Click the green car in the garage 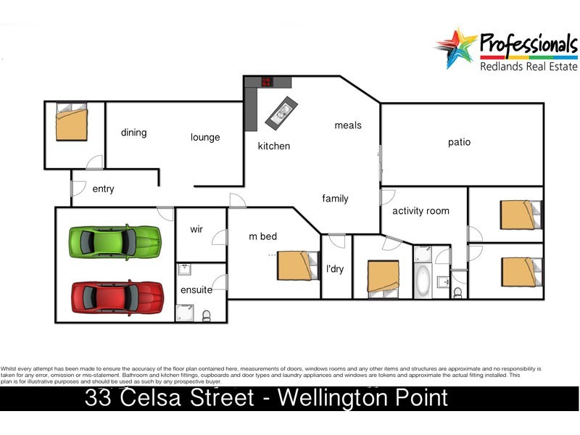click(115, 241)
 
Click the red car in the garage click(117, 296)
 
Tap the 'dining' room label click(134, 133)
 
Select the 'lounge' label click(205, 137)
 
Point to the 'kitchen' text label click(274, 146)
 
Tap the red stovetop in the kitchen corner click(266, 82)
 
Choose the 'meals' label click(348, 125)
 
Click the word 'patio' click(459, 142)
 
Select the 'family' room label click(336, 199)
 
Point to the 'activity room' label click(420, 211)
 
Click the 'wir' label click(196, 230)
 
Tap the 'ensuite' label click(196, 290)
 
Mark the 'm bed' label click(263, 236)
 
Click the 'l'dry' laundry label click(335, 269)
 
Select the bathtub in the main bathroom click(422, 280)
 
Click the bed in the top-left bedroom click(72, 123)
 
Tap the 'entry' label click(104, 189)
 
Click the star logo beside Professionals click(455, 48)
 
